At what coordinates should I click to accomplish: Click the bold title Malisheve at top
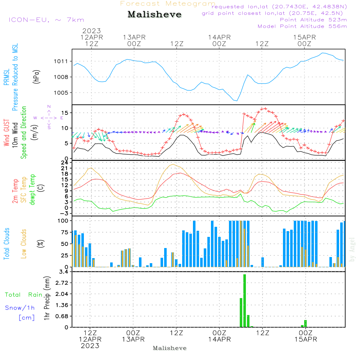point(155,15)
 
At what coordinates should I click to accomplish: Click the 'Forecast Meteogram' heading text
point(168,4)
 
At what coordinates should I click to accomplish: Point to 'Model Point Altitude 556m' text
point(302,26)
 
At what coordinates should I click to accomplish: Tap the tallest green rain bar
point(245,301)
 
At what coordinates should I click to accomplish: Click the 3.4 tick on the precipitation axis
point(63,272)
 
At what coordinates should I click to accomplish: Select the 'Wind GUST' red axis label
point(7,132)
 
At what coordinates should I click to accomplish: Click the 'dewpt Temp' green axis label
point(33,190)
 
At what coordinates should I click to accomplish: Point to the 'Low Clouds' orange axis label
point(24,244)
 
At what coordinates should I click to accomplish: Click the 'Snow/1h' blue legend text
point(20,308)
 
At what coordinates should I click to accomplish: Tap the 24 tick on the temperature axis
point(65,162)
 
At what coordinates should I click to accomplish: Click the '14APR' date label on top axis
point(219,37)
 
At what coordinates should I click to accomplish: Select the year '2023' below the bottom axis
point(90,346)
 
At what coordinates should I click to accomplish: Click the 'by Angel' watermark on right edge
point(352,249)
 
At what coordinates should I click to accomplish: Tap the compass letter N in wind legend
point(49,107)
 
